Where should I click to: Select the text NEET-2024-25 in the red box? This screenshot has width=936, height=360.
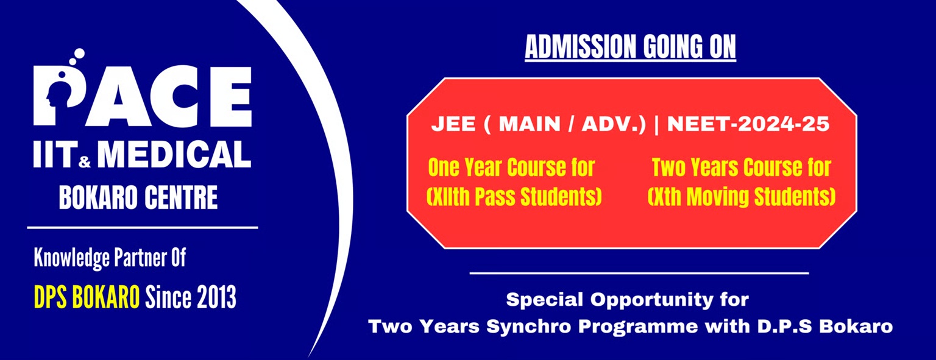[x=748, y=124]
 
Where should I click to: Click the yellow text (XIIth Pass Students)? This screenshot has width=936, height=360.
[x=514, y=196]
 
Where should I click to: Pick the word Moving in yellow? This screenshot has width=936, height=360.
[x=715, y=197]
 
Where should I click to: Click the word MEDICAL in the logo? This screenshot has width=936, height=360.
[x=174, y=154]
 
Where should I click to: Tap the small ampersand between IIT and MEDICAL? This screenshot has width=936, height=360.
[x=85, y=161]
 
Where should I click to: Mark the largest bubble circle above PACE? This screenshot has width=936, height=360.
[x=79, y=54]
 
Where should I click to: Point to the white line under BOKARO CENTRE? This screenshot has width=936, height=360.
[x=143, y=228]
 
